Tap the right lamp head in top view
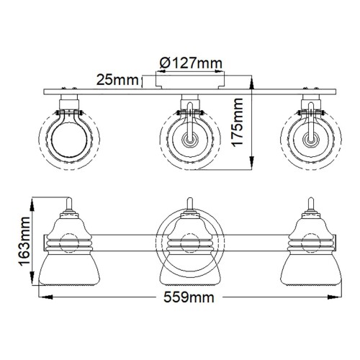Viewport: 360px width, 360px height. pyautogui.click(x=311, y=136)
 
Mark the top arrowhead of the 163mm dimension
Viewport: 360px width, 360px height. pyautogui.click(x=30, y=199)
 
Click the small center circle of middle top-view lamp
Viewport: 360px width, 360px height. pyautogui.click(x=189, y=137)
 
